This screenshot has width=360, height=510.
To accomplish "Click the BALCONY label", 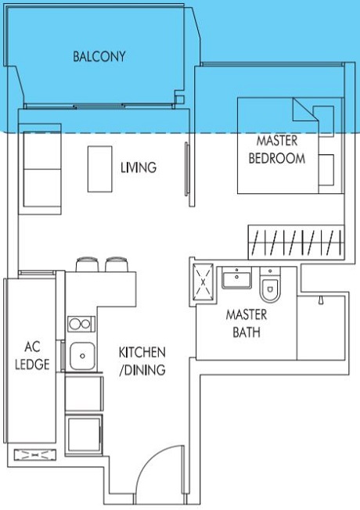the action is (99, 56).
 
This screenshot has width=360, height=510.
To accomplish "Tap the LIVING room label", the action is (139, 167).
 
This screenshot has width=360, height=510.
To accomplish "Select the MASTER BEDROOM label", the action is (277, 149).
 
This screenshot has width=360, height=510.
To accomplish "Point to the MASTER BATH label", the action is (247, 323).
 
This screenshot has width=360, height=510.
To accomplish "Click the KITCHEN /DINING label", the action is (142, 361).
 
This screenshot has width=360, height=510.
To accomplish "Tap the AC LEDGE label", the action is (32, 355).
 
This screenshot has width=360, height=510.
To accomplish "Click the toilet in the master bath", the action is (270, 285).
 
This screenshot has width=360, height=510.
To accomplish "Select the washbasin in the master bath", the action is (236, 278).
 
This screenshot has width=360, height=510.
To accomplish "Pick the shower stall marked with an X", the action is (203, 282).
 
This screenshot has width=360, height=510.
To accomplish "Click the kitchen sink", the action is (82, 356).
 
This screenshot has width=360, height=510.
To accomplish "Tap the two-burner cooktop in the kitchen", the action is (81, 324).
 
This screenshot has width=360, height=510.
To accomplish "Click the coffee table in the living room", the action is (100, 169).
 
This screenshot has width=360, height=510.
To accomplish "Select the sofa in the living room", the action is (42, 169).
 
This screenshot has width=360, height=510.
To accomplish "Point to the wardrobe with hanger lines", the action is (296, 242).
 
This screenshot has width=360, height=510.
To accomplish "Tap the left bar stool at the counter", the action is (87, 264).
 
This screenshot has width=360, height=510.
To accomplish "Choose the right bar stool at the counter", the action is (117, 264).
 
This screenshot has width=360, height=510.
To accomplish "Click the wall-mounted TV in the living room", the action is (187, 169).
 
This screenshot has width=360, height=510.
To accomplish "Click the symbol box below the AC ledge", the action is (35, 454).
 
